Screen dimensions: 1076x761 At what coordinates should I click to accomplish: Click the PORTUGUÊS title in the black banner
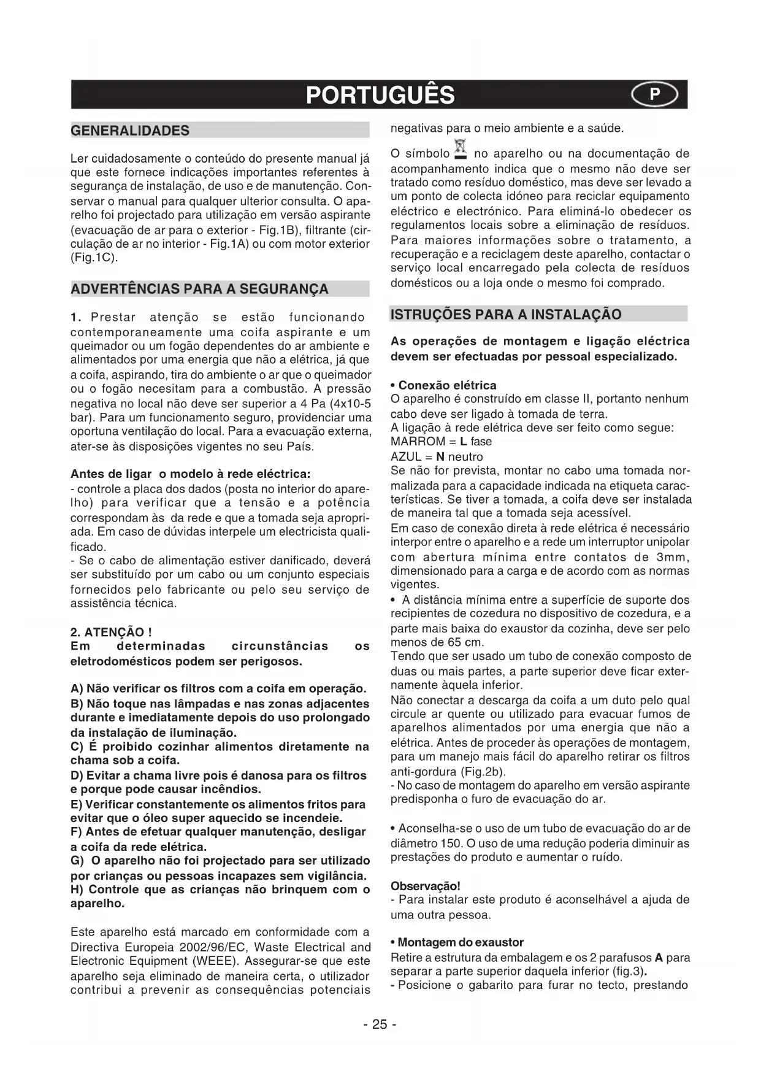[x=380, y=95]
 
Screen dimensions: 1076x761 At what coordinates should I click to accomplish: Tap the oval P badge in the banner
[x=654, y=94]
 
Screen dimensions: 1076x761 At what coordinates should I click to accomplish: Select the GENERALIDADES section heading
[x=131, y=131]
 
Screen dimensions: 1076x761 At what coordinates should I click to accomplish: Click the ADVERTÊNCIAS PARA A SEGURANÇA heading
[x=199, y=289]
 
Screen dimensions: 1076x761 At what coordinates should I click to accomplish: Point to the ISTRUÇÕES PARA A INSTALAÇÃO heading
[x=506, y=315]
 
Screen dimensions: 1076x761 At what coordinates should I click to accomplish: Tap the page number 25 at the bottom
[x=380, y=1024]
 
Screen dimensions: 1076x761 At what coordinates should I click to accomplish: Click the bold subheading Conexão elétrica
[x=447, y=385]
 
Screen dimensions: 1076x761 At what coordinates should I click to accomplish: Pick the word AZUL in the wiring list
[x=405, y=456]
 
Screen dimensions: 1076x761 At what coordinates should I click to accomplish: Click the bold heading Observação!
[x=425, y=886]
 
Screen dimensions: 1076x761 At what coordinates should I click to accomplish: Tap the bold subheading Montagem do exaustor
[x=461, y=942]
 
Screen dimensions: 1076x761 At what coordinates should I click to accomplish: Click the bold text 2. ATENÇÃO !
[x=112, y=632]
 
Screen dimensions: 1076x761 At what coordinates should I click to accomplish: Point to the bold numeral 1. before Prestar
[x=76, y=317]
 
